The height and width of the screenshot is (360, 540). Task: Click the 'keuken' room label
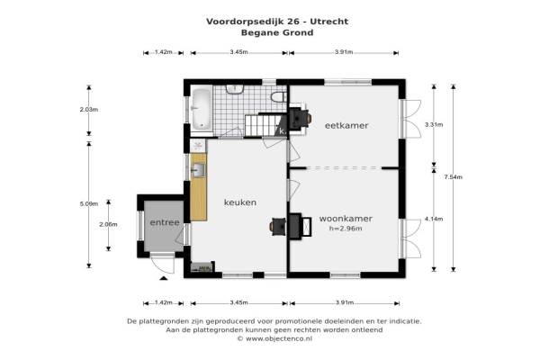[x=240, y=202]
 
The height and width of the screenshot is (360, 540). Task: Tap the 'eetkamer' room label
[x=346, y=125]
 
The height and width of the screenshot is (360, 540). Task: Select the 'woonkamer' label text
[x=346, y=219]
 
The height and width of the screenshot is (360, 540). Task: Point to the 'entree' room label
[x=165, y=222]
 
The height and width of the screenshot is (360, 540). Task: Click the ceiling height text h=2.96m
[x=346, y=229]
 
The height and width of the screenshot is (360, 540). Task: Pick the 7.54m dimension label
[x=454, y=177]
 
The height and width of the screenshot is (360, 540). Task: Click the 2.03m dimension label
[x=89, y=110]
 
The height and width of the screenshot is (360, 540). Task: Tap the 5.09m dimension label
[x=89, y=203]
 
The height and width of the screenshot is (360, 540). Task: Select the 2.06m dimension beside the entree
[x=108, y=224]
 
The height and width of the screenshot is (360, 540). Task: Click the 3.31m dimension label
[x=434, y=125]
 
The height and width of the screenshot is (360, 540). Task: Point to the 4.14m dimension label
[x=434, y=219]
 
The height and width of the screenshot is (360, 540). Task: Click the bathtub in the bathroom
[x=201, y=109]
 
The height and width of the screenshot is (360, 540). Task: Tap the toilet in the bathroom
[x=278, y=97]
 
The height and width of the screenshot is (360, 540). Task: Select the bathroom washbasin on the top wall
[x=235, y=89]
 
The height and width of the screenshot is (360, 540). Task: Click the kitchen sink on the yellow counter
[x=198, y=170]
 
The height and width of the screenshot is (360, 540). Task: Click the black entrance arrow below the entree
[x=164, y=278]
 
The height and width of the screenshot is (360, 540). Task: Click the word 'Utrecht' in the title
[x=328, y=22]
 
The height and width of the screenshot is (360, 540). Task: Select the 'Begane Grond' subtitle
[x=277, y=32]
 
